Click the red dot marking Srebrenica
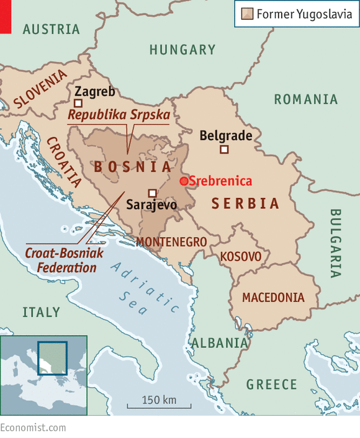click(x=184, y=181)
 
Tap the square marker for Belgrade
click(x=225, y=149)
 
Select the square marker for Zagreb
click(x=78, y=104)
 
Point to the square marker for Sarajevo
click(x=152, y=193)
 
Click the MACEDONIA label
click(x=273, y=298)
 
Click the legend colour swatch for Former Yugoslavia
click(x=246, y=14)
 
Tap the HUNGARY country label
click(x=182, y=50)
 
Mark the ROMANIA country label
click(x=306, y=99)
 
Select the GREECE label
click(x=272, y=385)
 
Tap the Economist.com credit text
click(x=33, y=428)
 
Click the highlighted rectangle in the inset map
click(x=52, y=358)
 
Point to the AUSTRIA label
click(x=52, y=29)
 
